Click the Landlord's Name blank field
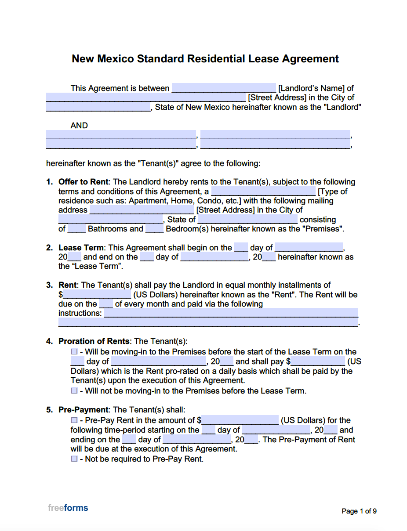pyautogui.click(x=223, y=88)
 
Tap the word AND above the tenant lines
pyautogui.click(x=79, y=126)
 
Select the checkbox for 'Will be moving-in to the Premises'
pyautogui.click(x=74, y=352)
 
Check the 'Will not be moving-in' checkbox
pyautogui.click(x=74, y=390)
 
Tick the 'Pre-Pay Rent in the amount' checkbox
pyautogui.click(x=74, y=420)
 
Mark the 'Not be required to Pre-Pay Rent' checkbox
pyautogui.click(x=74, y=459)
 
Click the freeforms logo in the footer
pyautogui.click(x=68, y=508)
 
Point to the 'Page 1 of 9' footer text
pyautogui.click(x=359, y=511)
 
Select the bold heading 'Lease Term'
pyautogui.click(x=81, y=248)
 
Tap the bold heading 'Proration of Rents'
pyautogui.click(x=94, y=341)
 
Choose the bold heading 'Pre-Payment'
pyautogui.click(x=83, y=410)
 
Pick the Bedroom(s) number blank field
pyautogui.click(x=154, y=229)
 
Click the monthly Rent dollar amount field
pyautogui.click(x=97, y=294)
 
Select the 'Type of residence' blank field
pyautogui.click(x=263, y=191)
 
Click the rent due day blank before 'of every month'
pyautogui.click(x=106, y=303)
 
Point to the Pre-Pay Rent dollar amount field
pyautogui.click(x=240, y=420)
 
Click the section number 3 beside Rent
pyautogui.click(x=49, y=285)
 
